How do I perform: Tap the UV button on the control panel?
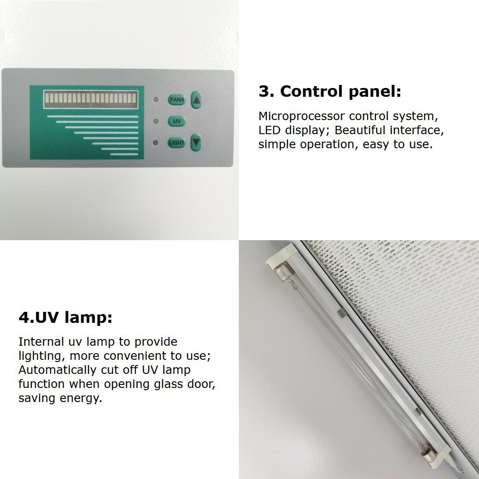176,121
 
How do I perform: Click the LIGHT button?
176,143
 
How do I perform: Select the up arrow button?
196,99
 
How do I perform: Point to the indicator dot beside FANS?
156,99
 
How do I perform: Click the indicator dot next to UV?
156,121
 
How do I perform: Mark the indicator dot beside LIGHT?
156,143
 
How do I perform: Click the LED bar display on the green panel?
91,99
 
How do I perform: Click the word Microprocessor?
301,116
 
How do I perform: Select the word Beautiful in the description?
360,130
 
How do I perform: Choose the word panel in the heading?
374,92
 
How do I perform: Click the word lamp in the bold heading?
88,318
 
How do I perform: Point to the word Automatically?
58,370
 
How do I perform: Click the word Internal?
41,342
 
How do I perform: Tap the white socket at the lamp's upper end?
281,257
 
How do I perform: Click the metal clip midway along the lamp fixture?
343,312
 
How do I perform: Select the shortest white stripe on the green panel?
124,154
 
